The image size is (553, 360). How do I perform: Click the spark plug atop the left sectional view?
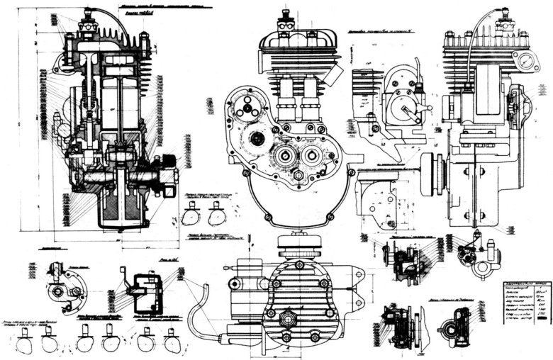click(x=89, y=16)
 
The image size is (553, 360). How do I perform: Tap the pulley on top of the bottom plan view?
click(x=298, y=245)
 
